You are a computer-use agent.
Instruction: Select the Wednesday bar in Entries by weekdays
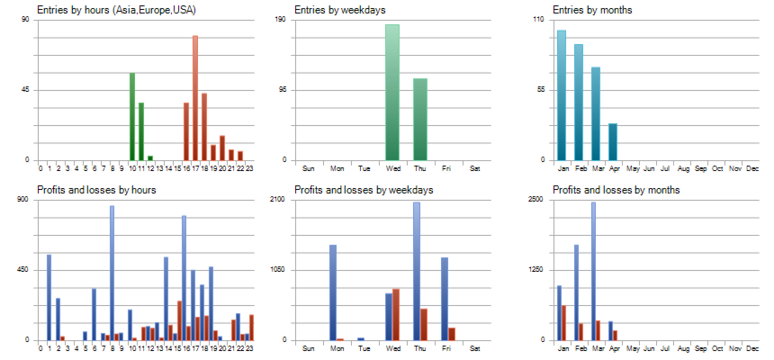click(392, 93)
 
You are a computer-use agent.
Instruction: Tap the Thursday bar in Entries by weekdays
click(420, 120)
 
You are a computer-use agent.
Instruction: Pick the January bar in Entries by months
click(562, 95)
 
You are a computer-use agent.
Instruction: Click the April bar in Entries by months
click(613, 142)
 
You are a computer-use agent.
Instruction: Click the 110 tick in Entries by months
click(540, 20)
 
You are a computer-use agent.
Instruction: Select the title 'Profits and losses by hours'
click(96, 190)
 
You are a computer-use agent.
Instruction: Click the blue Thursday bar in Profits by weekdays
click(417, 271)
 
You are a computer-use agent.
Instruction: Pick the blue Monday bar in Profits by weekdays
click(332, 292)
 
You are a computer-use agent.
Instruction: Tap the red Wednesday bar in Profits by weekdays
click(396, 314)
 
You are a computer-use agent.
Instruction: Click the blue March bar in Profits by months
click(593, 271)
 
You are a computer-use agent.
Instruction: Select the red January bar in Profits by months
click(564, 323)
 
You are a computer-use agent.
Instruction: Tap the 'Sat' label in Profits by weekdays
click(476, 348)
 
